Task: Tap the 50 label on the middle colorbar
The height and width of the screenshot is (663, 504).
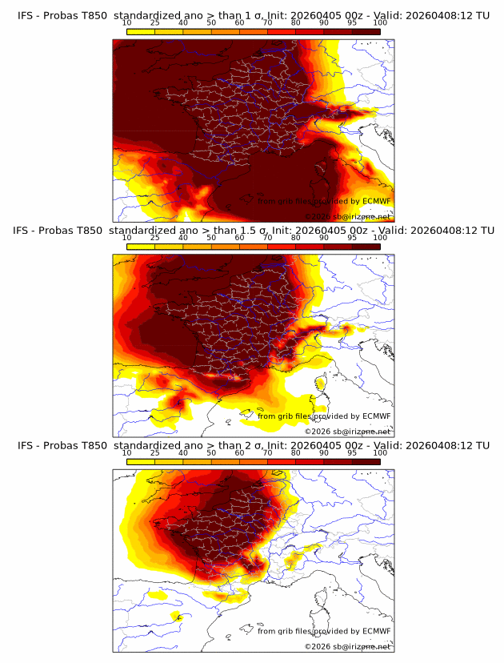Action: coord(211,238)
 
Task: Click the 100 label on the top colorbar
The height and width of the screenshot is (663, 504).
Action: coord(380,23)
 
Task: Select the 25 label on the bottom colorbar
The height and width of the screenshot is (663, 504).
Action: coord(155,452)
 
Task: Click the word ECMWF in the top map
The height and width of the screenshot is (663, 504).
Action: coord(376,201)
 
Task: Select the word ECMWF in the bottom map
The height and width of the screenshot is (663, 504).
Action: coord(376,631)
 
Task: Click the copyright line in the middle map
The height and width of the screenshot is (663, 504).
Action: coord(347,431)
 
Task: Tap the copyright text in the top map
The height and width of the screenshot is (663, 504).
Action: coord(347,216)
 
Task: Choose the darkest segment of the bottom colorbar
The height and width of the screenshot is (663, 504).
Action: coord(366,462)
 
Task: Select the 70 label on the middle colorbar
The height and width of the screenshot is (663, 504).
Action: coord(267,238)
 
